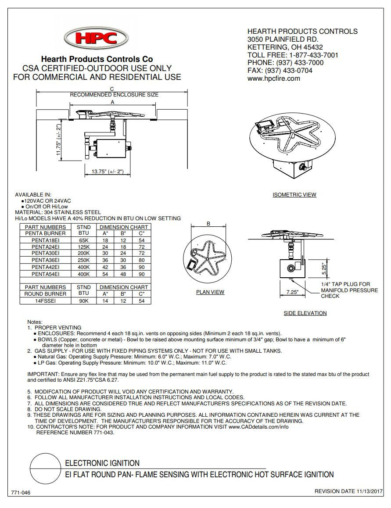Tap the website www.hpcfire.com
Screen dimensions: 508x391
click(x=273, y=79)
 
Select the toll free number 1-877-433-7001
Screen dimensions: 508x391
click(x=313, y=55)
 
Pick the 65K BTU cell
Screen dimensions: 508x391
click(x=83, y=241)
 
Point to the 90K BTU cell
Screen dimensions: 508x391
click(x=83, y=301)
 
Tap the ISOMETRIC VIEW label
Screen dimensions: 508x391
click(x=294, y=195)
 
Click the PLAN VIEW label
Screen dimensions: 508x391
click(x=210, y=292)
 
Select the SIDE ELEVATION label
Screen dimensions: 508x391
click(x=305, y=313)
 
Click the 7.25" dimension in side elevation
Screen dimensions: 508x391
click(x=292, y=292)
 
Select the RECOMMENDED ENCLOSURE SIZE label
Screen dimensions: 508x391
click(x=114, y=95)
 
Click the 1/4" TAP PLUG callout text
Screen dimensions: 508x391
click(x=349, y=290)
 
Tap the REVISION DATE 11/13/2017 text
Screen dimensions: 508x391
click(x=349, y=491)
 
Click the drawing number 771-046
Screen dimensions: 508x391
click(x=21, y=493)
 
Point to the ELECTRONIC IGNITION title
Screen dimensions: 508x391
click(x=102, y=463)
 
